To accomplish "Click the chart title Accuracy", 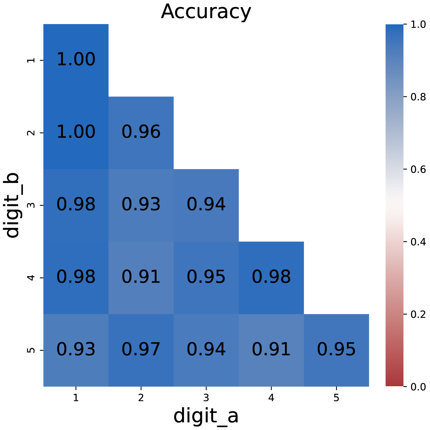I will [x=206, y=12].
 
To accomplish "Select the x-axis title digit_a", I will [x=206, y=416].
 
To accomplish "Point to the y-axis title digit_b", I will [x=12, y=205].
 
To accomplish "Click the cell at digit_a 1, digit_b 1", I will [x=76, y=60].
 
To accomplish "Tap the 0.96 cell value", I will [x=141, y=132].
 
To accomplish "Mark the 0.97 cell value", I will [x=141, y=349].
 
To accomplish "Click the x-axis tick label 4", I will [x=271, y=398].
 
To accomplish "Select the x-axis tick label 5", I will [x=336, y=398].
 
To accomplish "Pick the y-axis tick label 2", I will [x=31, y=133].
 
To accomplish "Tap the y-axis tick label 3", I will [x=31, y=205].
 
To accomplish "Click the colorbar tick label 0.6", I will [x=418, y=170].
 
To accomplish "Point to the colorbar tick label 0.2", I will [x=418, y=315].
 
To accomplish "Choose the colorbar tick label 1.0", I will [x=418, y=25].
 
